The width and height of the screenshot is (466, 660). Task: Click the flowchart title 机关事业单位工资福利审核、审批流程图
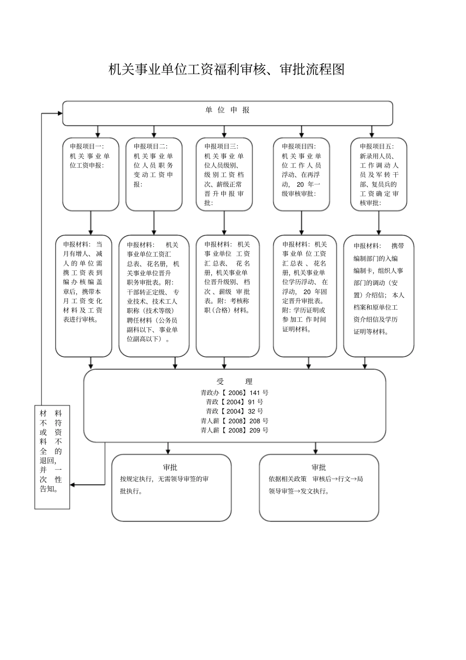point(226,70)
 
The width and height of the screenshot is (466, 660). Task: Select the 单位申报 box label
point(227,110)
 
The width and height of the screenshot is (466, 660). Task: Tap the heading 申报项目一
point(86,146)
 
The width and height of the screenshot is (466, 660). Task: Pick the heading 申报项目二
point(150,146)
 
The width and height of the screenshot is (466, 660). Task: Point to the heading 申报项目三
point(221,146)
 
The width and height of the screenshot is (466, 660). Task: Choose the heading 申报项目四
point(298,146)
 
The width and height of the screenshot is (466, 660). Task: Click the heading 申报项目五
point(376,146)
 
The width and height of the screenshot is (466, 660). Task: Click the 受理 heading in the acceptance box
point(234,381)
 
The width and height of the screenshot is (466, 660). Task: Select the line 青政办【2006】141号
point(234,393)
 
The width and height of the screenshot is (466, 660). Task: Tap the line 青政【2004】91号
point(234,402)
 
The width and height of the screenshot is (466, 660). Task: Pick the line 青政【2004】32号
point(234,411)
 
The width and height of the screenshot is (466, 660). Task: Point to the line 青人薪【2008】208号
point(234,421)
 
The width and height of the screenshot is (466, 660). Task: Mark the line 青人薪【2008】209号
point(234,430)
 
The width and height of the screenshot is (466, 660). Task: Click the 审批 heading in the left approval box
point(170,467)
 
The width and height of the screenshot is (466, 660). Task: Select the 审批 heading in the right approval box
point(318,467)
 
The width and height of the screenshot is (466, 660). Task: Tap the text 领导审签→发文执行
point(299,491)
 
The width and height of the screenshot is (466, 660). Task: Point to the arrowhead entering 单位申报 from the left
point(60,113)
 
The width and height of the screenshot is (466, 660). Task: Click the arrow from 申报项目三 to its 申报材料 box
point(224,223)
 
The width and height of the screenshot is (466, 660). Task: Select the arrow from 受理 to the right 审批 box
point(315,449)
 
